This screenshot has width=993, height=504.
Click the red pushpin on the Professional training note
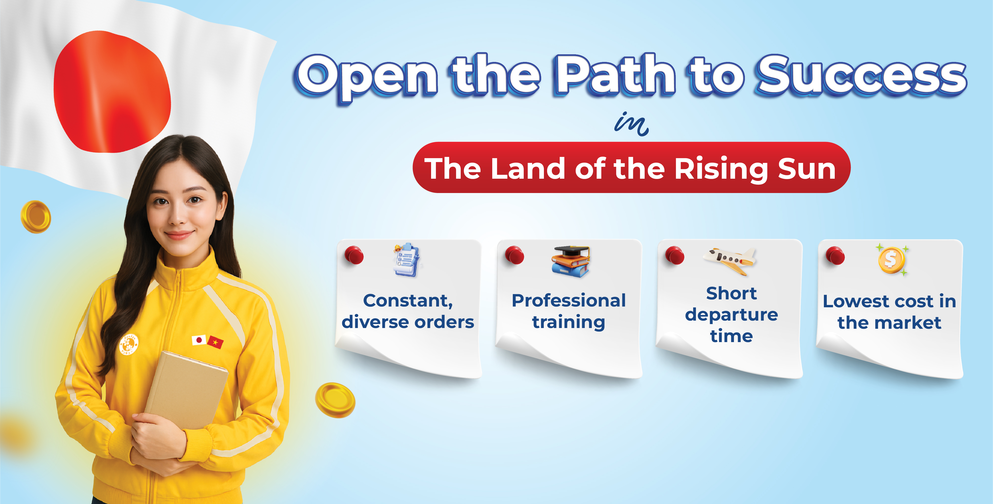pos(514,255)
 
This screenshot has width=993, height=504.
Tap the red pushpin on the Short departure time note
pos(675,255)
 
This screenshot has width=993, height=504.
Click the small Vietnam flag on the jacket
pos(215,342)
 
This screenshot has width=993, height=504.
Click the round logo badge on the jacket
pos(128,344)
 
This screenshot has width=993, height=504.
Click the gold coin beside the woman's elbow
pos(335,400)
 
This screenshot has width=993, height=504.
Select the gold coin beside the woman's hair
pos(36,216)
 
